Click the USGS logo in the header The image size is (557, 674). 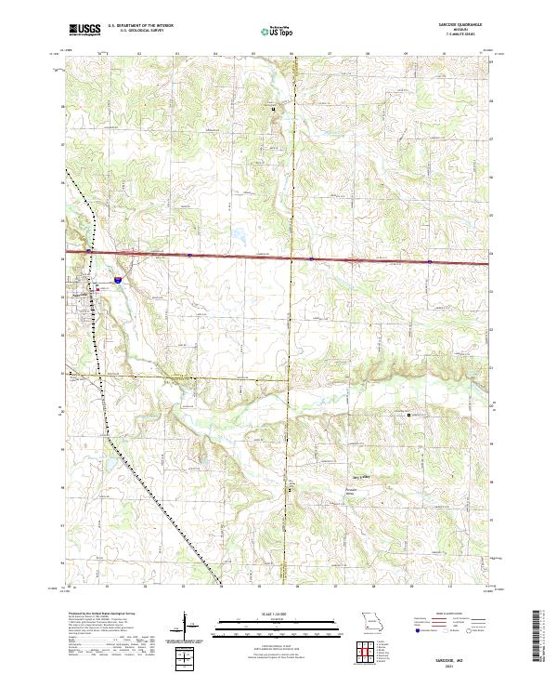click(84, 29)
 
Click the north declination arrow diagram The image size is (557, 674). click(186, 628)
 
